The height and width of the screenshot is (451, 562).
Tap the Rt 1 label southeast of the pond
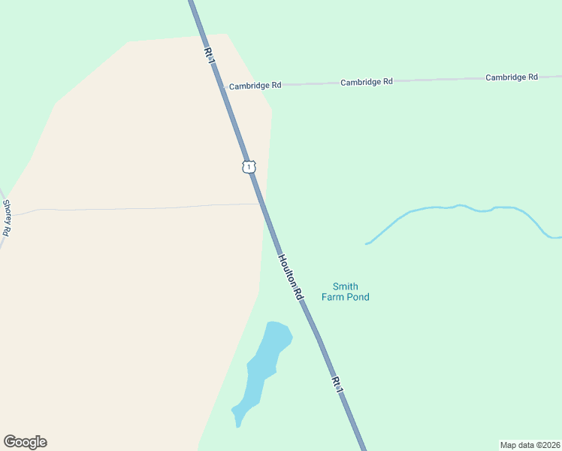click(x=337, y=384)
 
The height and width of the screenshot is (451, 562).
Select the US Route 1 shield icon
click(x=249, y=166)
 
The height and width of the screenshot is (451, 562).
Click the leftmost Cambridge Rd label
click(x=255, y=86)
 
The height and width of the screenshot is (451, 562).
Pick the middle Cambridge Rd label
click(x=367, y=81)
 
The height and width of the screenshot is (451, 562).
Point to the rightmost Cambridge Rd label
click(x=512, y=77)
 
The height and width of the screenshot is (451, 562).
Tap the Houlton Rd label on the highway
click(x=290, y=277)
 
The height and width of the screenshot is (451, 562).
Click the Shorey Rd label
click(x=7, y=218)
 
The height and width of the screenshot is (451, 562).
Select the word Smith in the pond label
click(x=346, y=286)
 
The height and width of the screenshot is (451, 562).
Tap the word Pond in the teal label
click(x=358, y=297)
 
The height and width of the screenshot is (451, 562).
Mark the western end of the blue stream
click(x=367, y=244)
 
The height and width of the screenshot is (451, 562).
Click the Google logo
click(x=25, y=442)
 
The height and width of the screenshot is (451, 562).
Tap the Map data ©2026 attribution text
click(x=530, y=444)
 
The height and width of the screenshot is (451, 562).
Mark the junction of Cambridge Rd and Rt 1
click(x=224, y=87)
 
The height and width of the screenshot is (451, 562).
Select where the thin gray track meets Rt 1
click(x=263, y=203)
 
